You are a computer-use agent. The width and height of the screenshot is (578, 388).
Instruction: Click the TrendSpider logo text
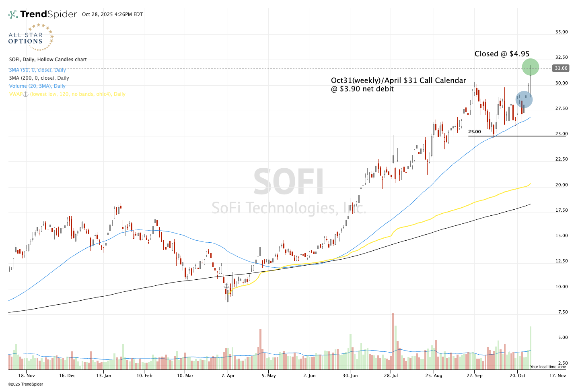pyautogui.click(x=48, y=14)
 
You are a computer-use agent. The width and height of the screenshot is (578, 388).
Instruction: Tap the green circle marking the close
pyautogui.click(x=530, y=67)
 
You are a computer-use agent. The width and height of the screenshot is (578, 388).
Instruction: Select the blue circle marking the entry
pyautogui.click(x=524, y=99)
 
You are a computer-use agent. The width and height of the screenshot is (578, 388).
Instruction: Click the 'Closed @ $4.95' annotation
pyautogui.click(x=502, y=54)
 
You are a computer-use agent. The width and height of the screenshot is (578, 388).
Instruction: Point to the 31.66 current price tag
pyautogui.click(x=561, y=68)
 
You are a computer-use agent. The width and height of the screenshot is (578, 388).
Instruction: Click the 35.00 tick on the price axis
pyautogui.click(x=562, y=32)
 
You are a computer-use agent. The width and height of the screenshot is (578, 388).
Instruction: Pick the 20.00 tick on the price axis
pyautogui.click(x=562, y=185)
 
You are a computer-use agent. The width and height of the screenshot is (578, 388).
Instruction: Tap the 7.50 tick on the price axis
pyautogui.click(x=562, y=312)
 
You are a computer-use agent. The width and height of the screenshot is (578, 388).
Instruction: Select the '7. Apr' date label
pyautogui.click(x=228, y=376)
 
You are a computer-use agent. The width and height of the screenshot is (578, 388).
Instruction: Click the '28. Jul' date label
pyautogui.click(x=391, y=376)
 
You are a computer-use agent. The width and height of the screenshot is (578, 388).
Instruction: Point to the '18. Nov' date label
pyautogui.click(x=27, y=376)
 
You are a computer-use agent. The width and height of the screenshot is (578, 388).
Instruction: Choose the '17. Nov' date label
pyautogui.click(x=557, y=376)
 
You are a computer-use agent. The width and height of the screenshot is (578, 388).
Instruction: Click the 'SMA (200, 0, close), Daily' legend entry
pyautogui.click(x=39, y=78)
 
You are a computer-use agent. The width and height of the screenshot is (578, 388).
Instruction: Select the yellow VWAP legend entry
pyautogui.click(x=67, y=94)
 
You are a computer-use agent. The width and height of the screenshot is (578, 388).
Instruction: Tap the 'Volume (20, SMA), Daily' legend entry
pyautogui.click(x=37, y=86)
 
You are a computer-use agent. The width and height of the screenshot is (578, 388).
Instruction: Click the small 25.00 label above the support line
pyautogui.click(x=474, y=132)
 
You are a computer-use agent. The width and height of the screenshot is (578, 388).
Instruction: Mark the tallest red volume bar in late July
pyautogui.click(x=393, y=341)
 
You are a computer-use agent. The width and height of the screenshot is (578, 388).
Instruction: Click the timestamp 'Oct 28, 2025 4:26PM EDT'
pyautogui.click(x=112, y=14)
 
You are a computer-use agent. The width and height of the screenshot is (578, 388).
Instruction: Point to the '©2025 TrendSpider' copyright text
pyautogui.click(x=26, y=384)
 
